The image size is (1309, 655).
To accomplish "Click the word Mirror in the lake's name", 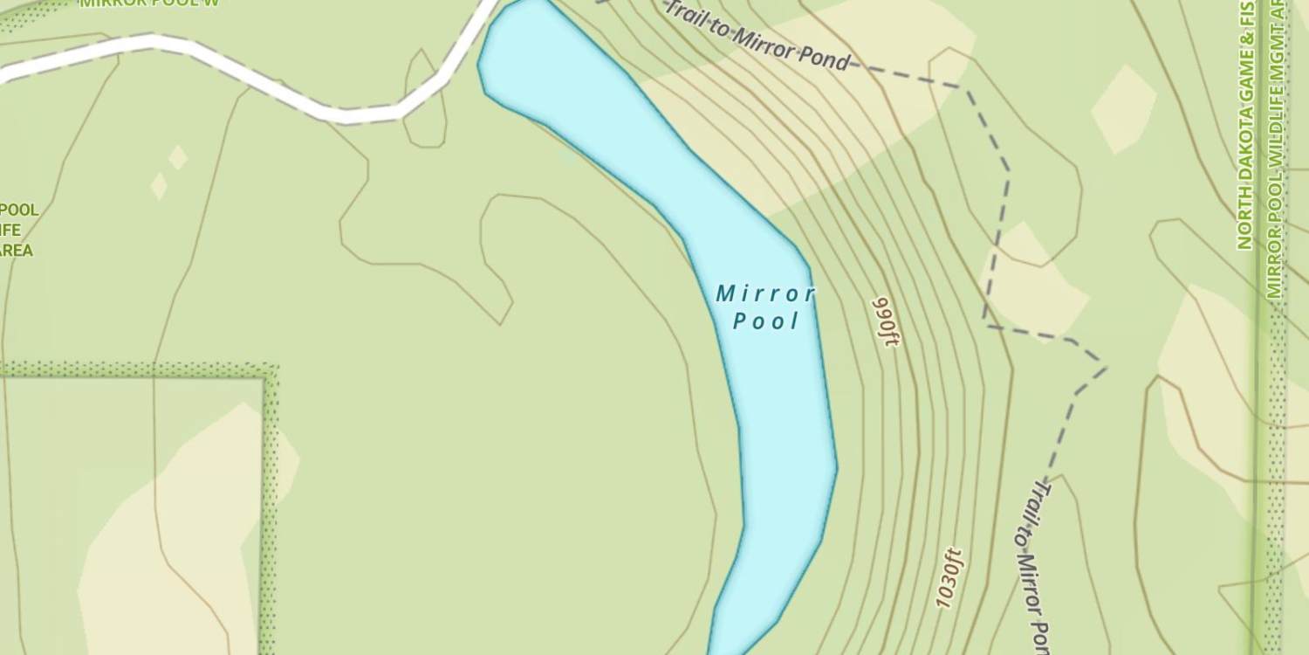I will (765, 294).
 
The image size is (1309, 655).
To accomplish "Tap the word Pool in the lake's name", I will (766, 321).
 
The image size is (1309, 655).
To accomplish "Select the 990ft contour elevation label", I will (885, 322).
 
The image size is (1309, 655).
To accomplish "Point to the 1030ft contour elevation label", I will (949, 577).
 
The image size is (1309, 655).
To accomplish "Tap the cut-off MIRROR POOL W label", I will (148, 3).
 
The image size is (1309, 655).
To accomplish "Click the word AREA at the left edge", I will (17, 251).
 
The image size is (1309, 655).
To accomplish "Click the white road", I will (262, 83).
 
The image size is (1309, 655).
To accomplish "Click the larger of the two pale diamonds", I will (178, 157).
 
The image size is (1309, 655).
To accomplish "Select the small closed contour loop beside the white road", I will (425, 100).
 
